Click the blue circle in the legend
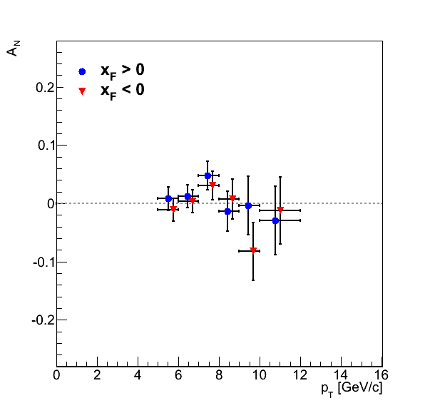coord(82,71)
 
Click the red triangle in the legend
coord(82,91)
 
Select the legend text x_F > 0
coord(122,71)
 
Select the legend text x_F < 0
coord(122,91)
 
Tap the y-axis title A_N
coord(13,49)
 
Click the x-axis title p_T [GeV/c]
coord(352,389)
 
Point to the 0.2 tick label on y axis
coord(46,88)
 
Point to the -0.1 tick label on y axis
coord(43,262)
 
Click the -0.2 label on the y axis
coord(43,320)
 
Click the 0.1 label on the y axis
coord(46,146)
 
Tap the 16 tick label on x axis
coord(381,375)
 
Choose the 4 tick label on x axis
coord(138,375)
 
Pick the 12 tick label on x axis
coord(300,375)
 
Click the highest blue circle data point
coord(208,175)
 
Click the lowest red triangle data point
coord(253,250)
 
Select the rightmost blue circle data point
coord(275,220)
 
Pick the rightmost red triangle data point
coord(280,210)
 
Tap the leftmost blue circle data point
coord(168,198)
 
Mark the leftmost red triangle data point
coord(173,209)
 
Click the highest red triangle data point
coord(212,185)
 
